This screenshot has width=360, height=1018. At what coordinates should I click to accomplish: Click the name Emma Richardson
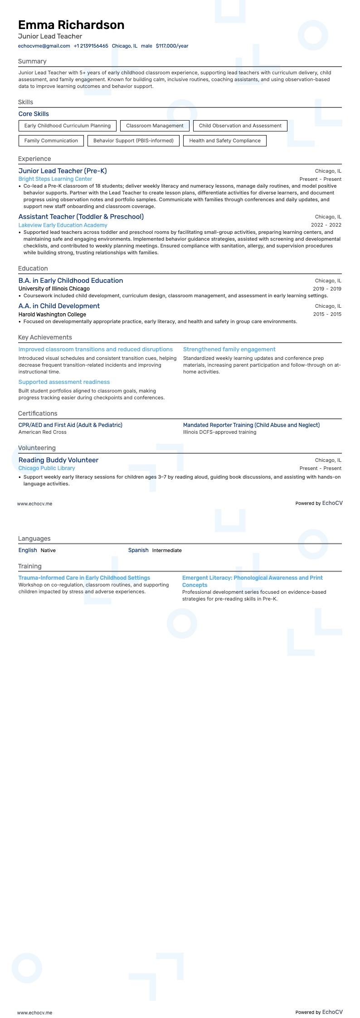tap(71, 25)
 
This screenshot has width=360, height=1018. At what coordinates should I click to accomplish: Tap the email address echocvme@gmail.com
tap(44, 46)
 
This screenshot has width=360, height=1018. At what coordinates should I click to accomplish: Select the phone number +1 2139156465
tap(91, 46)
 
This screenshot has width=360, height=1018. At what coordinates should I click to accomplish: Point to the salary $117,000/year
tap(172, 46)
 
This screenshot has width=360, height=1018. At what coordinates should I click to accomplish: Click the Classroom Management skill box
tap(155, 126)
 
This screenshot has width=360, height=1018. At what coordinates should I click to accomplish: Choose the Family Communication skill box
tap(51, 141)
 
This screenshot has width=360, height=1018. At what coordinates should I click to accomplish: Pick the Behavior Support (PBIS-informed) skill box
tap(133, 141)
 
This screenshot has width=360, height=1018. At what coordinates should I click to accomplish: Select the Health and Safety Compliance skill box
tap(225, 141)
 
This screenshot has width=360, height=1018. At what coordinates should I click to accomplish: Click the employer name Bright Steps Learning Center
tap(55, 179)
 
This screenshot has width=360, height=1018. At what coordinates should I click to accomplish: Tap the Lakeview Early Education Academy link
tap(63, 225)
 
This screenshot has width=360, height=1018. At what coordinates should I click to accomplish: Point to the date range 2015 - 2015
tap(327, 314)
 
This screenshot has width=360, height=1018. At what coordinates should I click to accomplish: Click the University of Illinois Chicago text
tap(54, 289)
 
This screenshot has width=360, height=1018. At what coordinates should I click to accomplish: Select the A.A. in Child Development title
tap(59, 306)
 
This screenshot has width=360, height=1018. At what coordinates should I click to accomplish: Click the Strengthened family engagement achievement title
tap(229, 349)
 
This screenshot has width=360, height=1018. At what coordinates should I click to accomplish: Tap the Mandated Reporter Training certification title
tap(251, 425)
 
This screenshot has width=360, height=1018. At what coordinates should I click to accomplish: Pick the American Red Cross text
tap(42, 432)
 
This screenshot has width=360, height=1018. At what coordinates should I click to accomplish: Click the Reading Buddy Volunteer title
tap(58, 460)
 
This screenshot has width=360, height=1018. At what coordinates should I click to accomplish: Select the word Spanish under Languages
tap(138, 550)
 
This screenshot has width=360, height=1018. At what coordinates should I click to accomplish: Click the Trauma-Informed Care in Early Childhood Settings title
tap(84, 578)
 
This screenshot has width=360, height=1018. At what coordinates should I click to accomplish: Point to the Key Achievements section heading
tap(45, 337)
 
